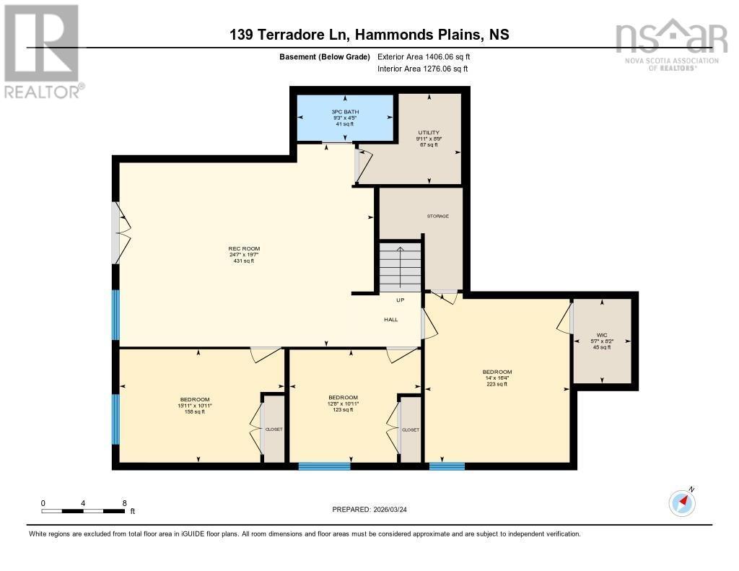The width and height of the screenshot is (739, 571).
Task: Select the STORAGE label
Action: (x=437, y=216)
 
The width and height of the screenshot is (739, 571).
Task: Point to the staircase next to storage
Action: (x=400, y=266)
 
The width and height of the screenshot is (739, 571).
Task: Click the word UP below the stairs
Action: (x=400, y=300)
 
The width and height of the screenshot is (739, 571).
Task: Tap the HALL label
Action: (x=390, y=319)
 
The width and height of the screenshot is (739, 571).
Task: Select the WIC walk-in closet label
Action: (x=601, y=341)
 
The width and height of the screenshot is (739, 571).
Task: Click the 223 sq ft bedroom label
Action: (x=497, y=378)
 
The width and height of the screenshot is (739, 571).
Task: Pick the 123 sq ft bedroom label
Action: (x=343, y=403)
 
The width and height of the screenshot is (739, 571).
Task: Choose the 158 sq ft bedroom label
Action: (x=195, y=406)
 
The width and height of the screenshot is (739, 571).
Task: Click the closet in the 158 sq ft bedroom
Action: (x=274, y=430)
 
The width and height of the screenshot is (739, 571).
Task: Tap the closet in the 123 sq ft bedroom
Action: (x=410, y=430)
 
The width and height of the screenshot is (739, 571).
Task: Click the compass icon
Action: (x=682, y=502)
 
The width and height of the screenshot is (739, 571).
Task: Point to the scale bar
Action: (x=83, y=510)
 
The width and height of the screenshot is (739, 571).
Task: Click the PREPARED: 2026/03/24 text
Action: (x=375, y=509)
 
